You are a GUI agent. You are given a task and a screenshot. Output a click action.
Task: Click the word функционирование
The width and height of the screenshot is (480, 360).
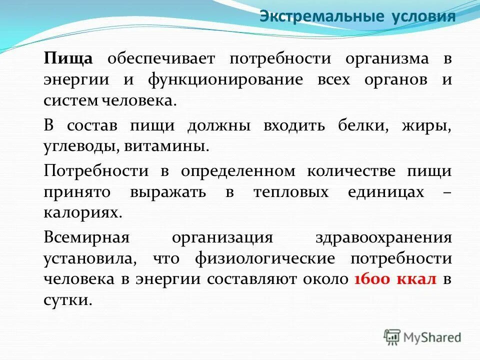(x=225, y=80)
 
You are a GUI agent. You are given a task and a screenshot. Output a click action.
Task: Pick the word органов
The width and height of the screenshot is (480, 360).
(x=382, y=80)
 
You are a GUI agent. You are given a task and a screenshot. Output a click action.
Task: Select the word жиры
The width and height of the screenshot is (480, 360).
(x=426, y=125)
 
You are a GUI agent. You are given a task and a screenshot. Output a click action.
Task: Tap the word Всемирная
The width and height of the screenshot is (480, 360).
(x=86, y=237)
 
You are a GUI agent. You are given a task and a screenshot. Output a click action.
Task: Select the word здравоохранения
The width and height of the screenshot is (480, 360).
(x=383, y=237)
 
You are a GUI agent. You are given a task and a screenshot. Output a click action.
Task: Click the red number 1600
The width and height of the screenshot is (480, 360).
(x=371, y=280)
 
